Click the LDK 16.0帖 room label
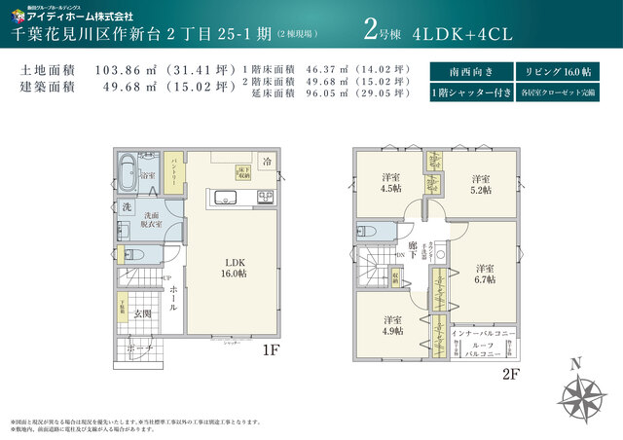pos(235,269)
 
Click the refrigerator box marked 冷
pos(266,163)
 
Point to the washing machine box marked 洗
pos(127,208)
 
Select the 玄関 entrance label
pos(142,313)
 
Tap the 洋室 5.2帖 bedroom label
pos(478,184)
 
